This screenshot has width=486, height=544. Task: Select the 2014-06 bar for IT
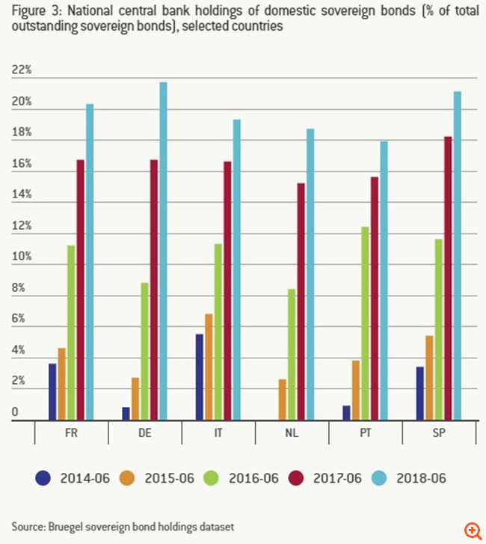(x=199, y=377)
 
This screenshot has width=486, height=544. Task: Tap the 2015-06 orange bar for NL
(x=282, y=400)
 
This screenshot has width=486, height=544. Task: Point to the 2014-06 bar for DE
(x=126, y=413)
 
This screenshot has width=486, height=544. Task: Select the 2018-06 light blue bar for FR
(x=90, y=262)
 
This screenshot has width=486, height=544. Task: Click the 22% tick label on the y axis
(x=22, y=70)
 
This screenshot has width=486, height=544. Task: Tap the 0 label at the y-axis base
(x=15, y=412)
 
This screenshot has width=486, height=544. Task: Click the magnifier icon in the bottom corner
(x=473, y=531)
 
